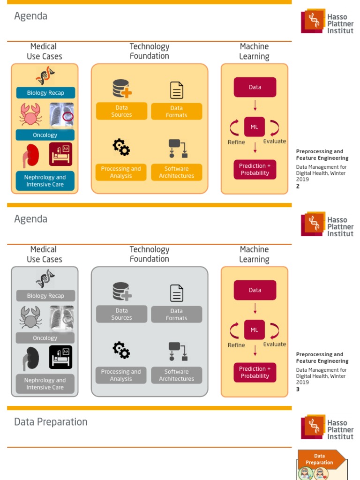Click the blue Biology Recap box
point(45,93)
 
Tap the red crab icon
point(30,114)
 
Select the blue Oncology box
point(45,135)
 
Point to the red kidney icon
point(31,156)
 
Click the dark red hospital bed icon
point(60,154)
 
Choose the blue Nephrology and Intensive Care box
point(45,181)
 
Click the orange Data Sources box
point(121,111)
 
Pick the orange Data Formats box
point(177,112)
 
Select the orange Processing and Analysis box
point(121,172)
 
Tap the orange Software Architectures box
point(177,172)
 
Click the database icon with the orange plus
point(122,89)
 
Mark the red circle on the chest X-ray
point(68,117)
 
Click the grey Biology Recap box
point(45,296)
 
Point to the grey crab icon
point(30,317)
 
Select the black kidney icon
point(31,359)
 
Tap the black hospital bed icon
point(60,357)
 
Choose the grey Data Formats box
point(177,315)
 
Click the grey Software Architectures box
point(177,375)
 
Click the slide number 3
point(298,390)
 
